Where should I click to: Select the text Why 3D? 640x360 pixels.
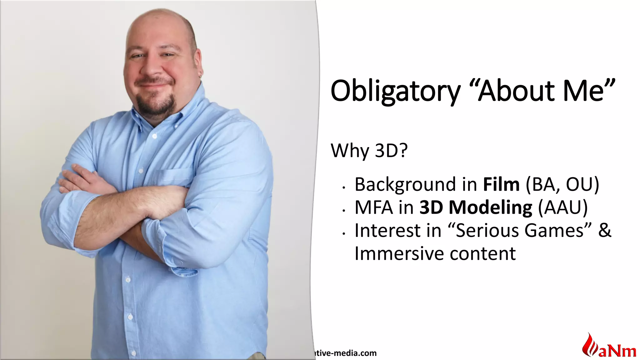click(x=369, y=151)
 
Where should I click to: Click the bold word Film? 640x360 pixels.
click(x=501, y=184)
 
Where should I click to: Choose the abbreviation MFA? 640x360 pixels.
click(x=373, y=207)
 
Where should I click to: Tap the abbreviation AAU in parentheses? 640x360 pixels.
click(x=562, y=207)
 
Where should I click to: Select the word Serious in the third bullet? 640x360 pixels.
click(x=488, y=231)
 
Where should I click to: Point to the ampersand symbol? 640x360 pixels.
click(x=604, y=231)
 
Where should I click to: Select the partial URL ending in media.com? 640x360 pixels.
click(x=345, y=353)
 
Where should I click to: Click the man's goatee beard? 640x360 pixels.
click(x=156, y=105)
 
